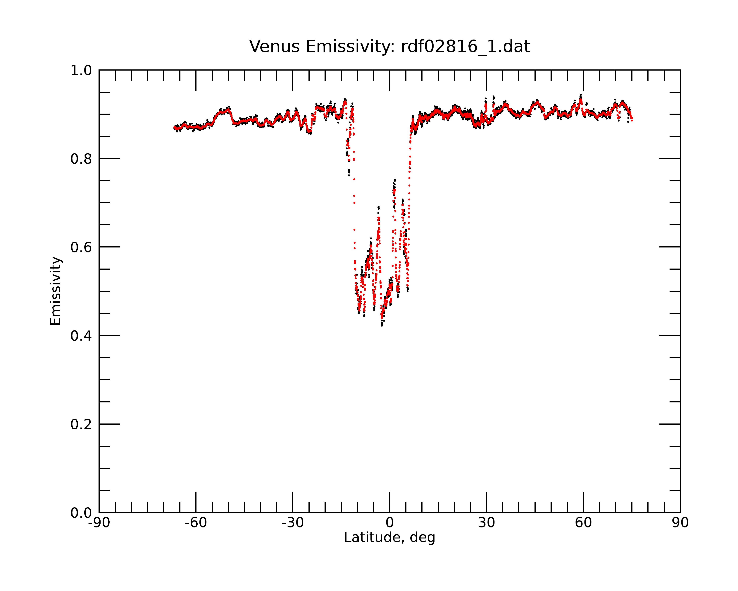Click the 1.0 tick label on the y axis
(x=81, y=71)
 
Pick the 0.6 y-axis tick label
(x=81, y=247)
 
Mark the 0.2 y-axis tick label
(x=81, y=424)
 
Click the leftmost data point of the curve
(x=174, y=127)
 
